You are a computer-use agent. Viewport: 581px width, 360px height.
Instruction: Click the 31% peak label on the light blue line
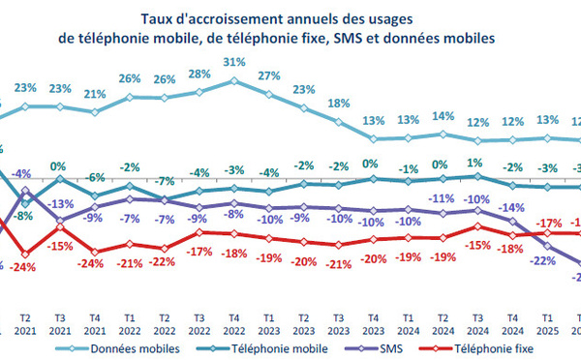click(232, 64)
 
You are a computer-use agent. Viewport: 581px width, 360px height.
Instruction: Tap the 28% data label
click(199, 75)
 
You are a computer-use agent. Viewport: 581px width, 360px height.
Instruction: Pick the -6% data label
click(95, 178)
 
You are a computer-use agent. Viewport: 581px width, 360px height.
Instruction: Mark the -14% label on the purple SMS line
click(510, 208)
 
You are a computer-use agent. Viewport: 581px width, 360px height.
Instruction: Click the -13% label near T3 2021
click(61, 204)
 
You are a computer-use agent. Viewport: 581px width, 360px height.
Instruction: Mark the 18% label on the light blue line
click(338, 104)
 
